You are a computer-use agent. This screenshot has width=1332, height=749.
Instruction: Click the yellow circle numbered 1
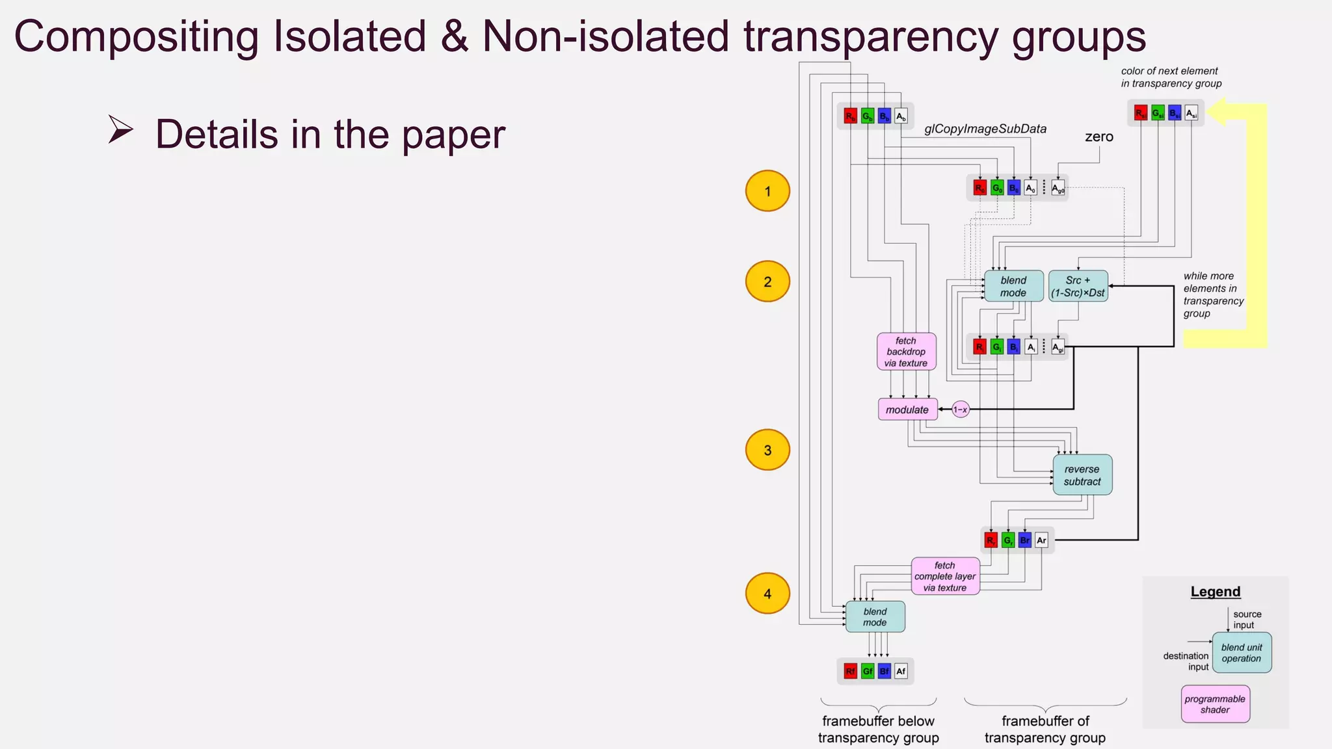click(x=767, y=191)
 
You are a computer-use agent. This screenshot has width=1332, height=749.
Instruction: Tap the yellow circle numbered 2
click(x=767, y=282)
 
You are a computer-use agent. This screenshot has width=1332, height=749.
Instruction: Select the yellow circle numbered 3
click(x=767, y=450)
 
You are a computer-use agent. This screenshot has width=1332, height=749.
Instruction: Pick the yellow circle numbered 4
click(x=767, y=594)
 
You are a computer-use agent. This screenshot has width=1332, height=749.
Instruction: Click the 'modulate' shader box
click(x=907, y=410)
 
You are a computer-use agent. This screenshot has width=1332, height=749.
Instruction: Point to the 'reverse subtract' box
click(x=1082, y=475)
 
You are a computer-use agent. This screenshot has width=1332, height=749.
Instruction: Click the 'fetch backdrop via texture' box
click(x=906, y=352)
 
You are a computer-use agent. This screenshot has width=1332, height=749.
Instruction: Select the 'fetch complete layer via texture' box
click(x=945, y=577)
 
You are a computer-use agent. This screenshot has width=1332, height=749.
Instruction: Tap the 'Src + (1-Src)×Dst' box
click(x=1078, y=287)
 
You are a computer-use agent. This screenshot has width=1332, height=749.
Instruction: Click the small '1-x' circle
click(x=961, y=410)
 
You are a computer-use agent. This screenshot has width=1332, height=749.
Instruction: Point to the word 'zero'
click(x=1099, y=137)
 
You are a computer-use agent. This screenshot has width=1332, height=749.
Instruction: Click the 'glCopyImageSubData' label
click(x=985, y=129)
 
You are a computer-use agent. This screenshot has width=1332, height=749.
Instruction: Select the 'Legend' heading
click(x=1216, y=592)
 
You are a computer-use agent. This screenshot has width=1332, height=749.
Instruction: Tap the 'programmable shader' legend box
click(x=1215, y=704)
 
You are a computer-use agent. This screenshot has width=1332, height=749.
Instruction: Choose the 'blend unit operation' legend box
click(x=1242, y=653)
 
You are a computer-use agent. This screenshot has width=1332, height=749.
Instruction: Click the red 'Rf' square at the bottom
click(x=851, y=671)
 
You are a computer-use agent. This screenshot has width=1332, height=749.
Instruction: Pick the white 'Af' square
click(x=901, y=671)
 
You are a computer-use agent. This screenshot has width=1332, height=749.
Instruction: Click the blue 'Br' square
click(x=1025, y=540)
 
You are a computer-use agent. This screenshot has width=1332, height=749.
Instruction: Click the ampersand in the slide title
click(x=454, y=36)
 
